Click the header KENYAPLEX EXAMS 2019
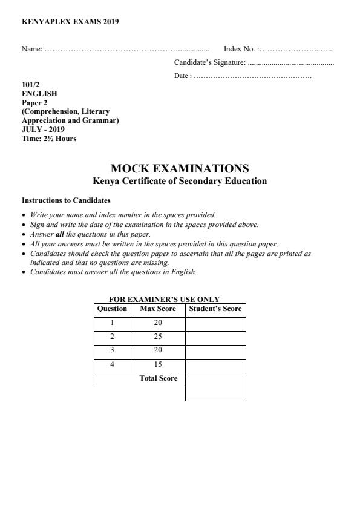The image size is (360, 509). pos(70,22)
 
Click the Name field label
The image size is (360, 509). pos(31,49)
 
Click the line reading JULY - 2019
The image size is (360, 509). pos(43,129)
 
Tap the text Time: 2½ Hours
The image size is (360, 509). pos(49,138)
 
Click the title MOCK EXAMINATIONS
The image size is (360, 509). pos(180,169)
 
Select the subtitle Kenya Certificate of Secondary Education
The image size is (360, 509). pos(180,181)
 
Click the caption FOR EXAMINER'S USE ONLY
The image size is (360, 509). pos(164,299)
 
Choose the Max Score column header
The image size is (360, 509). pos(158,309)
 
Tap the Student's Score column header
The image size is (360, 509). pos(215,309)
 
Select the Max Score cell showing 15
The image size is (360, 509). pos(158,366)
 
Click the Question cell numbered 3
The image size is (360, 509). pos(112,352)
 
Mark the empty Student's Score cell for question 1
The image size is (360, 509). pos(215,324)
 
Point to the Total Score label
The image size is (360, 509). pos(159,379)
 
